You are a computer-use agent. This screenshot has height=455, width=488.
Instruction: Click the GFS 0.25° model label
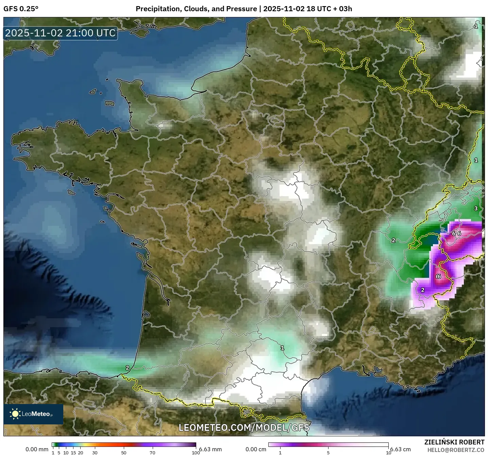(21, 9)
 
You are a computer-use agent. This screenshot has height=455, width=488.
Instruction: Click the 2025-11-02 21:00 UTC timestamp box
(61, 33)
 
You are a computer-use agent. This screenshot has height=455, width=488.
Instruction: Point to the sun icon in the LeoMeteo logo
(15, 414)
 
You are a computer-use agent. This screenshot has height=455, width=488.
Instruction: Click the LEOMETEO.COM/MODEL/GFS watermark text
(244, 427)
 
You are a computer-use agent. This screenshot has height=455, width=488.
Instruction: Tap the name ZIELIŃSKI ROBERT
(454, 442)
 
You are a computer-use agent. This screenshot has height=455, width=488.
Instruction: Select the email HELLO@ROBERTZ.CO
(456, 450)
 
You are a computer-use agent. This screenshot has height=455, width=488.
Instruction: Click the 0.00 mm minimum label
(37, 449)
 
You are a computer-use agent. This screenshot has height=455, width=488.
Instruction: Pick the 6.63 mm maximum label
(211, 449)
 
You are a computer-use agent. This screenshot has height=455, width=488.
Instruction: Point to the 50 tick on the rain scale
(124, 453)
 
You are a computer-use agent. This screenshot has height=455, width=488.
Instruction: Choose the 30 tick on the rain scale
(95, 453)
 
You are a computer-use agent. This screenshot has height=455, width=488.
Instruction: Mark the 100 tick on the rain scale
(196, 453)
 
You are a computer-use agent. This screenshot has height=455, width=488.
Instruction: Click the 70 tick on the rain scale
(152, 453)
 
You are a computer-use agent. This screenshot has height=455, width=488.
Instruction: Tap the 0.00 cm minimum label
(256, 449)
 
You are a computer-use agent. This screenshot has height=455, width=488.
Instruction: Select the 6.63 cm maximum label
(401, 449)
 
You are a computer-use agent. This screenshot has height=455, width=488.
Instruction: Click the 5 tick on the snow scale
(328, 453)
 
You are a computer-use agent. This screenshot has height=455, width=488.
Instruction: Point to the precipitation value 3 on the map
(476, 208)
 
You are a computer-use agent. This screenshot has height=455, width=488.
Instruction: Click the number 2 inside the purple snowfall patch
(423, 290)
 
